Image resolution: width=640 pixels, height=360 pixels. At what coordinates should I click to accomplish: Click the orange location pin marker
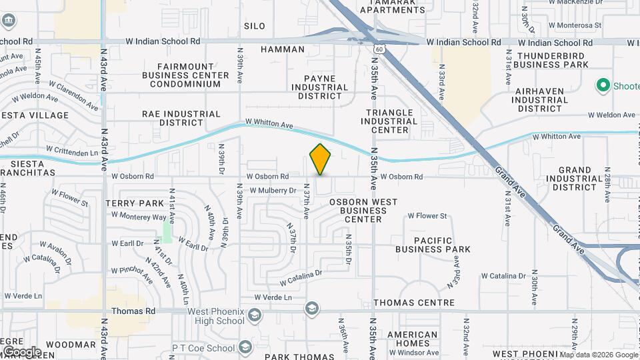tap(321, 159)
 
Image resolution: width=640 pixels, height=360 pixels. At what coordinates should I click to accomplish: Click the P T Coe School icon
tap(246, 347)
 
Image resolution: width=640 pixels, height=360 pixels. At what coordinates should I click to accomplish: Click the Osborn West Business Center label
tap(362, 211)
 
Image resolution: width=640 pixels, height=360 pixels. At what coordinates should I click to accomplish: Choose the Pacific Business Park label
tap(433, 245)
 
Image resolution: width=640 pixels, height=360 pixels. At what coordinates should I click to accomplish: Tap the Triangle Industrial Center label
tap(389, 121)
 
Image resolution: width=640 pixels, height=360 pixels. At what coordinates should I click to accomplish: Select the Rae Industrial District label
tap(181, 118)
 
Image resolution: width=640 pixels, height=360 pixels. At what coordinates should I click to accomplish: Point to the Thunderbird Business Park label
tap(553, 60)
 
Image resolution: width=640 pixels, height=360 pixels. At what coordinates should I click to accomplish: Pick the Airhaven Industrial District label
tap(539, 99)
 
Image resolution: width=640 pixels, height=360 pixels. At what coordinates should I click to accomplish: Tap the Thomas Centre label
tap(414, 303)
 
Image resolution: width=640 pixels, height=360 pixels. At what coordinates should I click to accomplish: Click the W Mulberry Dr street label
tap(273, 190)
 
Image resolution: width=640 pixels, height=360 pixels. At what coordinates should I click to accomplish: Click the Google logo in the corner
tap(21, 351)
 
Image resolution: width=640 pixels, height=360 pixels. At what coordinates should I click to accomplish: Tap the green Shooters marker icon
tap(604, 85)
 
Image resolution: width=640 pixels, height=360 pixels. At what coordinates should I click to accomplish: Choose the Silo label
tap(255, 26)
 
